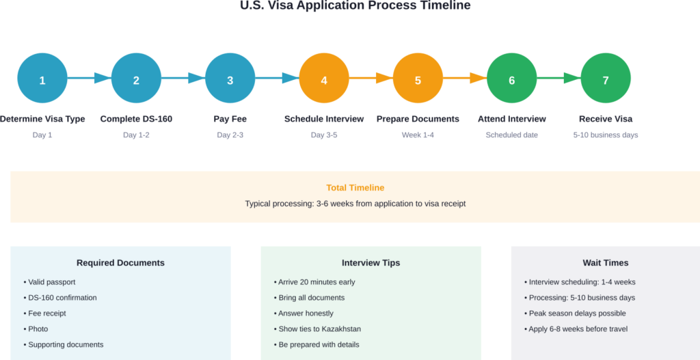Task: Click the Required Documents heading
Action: click(120, 263)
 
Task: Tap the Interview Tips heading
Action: click(371, 263)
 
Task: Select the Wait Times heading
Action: click(605, 263)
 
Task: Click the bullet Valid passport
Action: click(51, 282)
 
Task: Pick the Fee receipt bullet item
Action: click(47, 314)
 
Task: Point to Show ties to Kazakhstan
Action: click(319, 329)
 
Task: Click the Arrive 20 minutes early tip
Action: click(317, 282)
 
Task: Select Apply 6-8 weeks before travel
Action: click(578, 329)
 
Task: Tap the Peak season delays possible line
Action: click(577, 314)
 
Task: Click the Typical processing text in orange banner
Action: click(355, 204)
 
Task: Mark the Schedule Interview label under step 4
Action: click(324, 119)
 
